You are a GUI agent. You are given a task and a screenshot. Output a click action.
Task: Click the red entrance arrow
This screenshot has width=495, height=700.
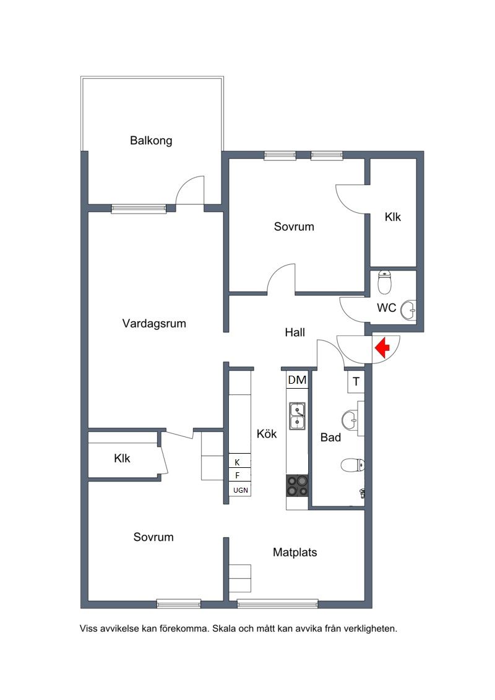click(x=382, y=347)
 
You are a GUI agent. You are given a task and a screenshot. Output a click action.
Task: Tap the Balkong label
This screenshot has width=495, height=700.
click(x=151, y=140)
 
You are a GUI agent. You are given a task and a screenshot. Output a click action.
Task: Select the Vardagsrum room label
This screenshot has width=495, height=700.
click(x=154, y=323)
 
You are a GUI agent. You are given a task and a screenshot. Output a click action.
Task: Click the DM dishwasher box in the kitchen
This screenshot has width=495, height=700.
click(x=297, y=380)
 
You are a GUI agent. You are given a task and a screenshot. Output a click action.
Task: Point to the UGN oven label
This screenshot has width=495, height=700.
click(x=241, y=490)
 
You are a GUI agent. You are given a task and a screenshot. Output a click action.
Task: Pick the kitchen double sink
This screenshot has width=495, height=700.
click(x=297, y=416)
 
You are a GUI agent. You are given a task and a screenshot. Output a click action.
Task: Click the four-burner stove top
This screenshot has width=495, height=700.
click(x=297, y=486)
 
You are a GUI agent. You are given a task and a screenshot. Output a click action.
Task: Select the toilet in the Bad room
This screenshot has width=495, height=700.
click(x=353, y=465)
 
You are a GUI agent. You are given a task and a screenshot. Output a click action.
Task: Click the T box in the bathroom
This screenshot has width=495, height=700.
click(x=356, y=382)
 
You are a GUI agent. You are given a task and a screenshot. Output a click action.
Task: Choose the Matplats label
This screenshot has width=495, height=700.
click(x=295, y=552)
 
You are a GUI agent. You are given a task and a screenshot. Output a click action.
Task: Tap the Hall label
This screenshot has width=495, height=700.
click(x=295, y=332)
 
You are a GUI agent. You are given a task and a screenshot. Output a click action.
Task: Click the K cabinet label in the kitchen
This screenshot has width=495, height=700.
click(x=237, y=462)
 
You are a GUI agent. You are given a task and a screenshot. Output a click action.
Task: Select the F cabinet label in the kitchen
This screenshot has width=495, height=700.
click(x=237, y=475)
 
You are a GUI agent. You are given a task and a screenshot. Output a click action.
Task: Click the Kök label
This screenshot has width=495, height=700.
click(x=267, y=433)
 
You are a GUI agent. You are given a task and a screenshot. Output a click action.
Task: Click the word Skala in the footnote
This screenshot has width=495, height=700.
click(x=224, y=629)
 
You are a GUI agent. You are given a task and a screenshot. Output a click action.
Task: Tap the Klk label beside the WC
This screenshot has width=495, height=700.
click(x=393, y=217)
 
